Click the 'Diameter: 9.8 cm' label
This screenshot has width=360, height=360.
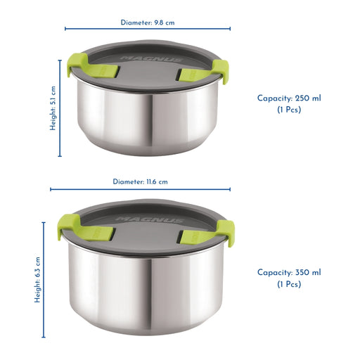(x=148, y=22)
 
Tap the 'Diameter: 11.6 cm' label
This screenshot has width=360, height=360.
(x=140, y=181)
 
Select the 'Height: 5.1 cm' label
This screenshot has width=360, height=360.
(x=53, y=108)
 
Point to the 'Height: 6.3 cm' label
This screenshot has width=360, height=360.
(x=37, y=280)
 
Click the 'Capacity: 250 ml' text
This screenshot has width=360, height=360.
(x=289, y=98)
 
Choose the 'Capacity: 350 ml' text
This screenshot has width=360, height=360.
(x=289, y=272)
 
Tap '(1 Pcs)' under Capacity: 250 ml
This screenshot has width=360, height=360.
(x=289, y=110)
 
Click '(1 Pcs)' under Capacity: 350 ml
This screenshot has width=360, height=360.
(x=289, y=284)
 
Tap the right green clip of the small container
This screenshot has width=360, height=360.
(x=206, y=72)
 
